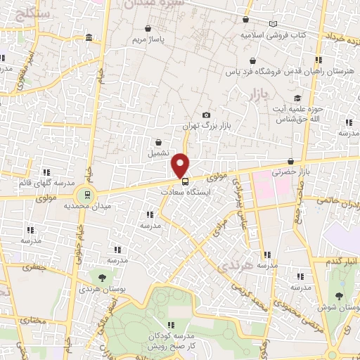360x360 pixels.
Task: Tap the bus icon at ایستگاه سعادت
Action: (x=185, y=180)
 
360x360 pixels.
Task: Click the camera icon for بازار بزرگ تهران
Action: (x=206, y=115)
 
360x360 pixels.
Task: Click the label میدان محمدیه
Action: (x=89, y=207)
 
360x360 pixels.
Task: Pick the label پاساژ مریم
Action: (x=149, y=39)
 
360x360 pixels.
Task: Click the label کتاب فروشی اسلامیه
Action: (x=271, y=34)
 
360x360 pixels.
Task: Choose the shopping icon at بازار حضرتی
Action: (x=291, y=161)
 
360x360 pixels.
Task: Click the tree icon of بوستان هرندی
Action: (x=103, y=278)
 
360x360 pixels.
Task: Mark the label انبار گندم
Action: (x=342, y=262)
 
